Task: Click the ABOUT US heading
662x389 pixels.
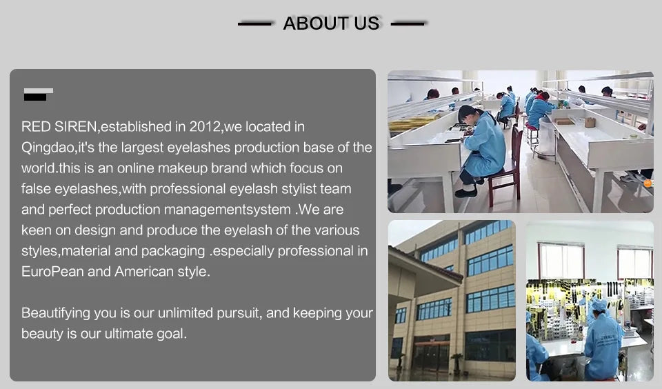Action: coord(331,23)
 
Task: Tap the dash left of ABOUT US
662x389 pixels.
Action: coord(254,24)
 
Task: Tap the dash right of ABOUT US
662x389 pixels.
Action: coord(408,24)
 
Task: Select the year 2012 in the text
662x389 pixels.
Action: coord(205,127)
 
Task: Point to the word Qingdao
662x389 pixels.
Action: coord(48,148)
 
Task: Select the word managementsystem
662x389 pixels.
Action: coord(227,210)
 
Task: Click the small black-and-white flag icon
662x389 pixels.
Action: coord(39,94)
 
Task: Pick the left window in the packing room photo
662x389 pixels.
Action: coord(561,261)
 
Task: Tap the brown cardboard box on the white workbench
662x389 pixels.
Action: coord(590,123)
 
